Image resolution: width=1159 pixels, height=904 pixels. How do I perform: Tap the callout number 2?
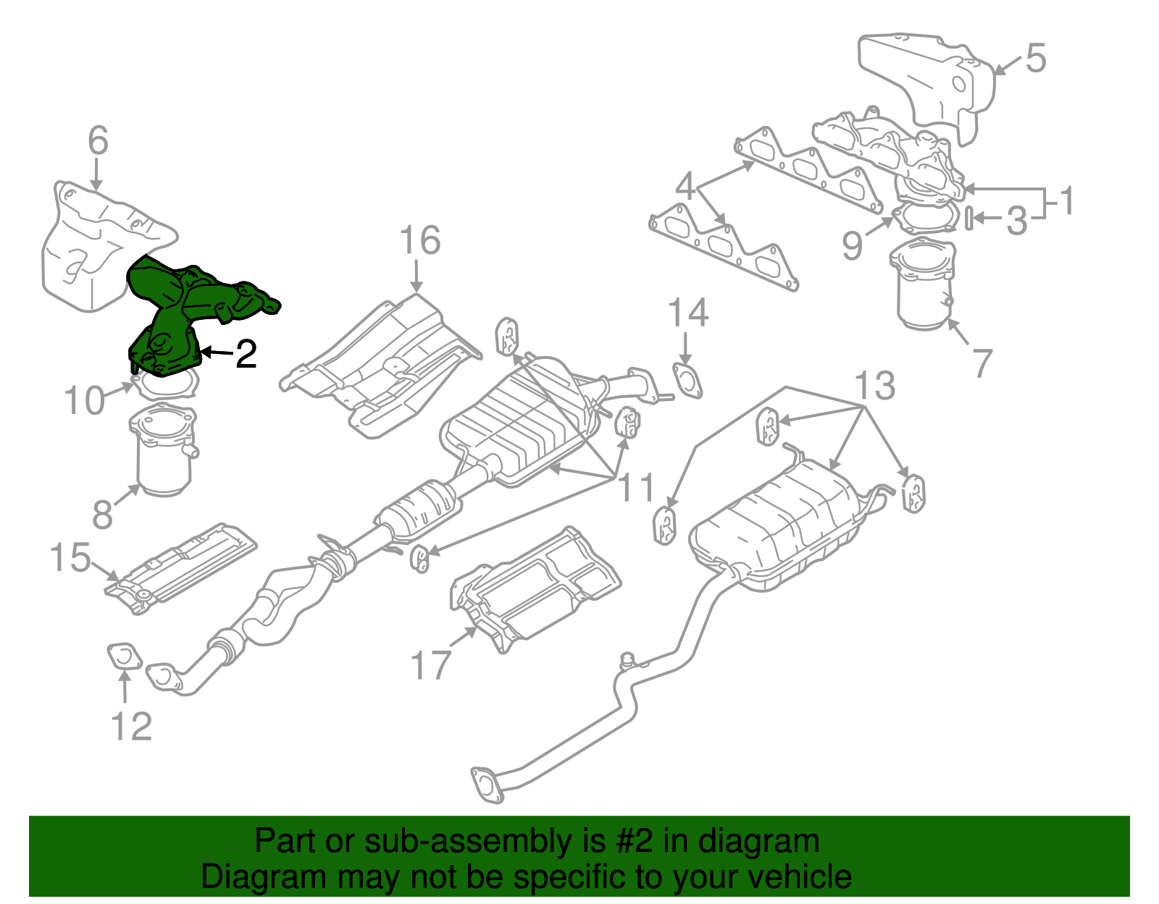pyautogui.click(x=246, y=354)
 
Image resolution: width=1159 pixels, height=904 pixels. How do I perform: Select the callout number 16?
pyautogui.click(x=419, y=241)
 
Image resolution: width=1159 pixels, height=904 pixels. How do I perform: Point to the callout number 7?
pyautogui.click(x=982, y=363)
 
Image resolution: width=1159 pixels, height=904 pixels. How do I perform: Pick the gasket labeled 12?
pyautogui.click(x=123, y=657)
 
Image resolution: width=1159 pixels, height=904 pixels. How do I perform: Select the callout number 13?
pyautogui.click(x=875, y=386)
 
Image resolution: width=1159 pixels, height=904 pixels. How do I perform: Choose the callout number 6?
pyautogui.click(x=99, y=141)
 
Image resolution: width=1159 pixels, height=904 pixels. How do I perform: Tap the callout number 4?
pyautogui.click(x=685, y=186)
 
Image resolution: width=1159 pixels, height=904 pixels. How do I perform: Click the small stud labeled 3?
pyautogui.click(x=968, y=216)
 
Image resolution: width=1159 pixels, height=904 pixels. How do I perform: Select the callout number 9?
pyautogui.click(x=853, y=246)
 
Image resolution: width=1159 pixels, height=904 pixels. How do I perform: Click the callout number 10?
pyautogui.click(x=85, y=401)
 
